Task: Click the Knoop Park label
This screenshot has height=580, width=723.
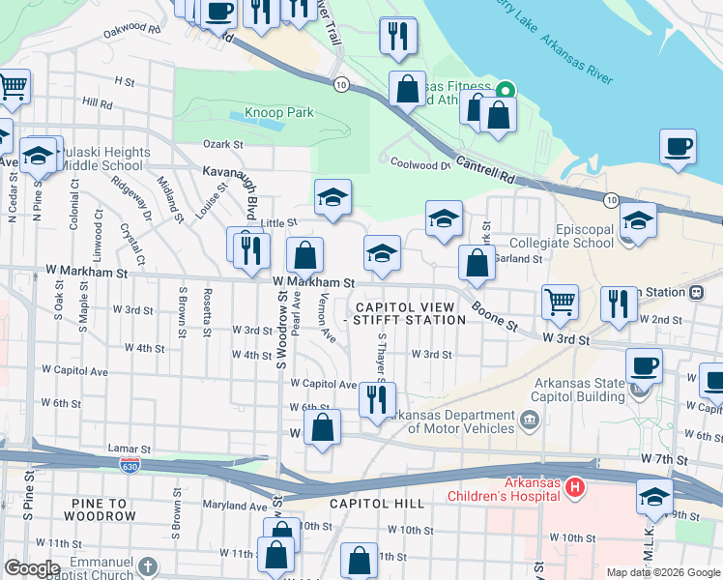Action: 280,113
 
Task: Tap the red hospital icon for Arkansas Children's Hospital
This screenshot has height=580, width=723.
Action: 575,485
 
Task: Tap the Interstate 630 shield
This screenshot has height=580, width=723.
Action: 129,465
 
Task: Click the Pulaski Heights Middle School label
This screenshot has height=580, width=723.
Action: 101,159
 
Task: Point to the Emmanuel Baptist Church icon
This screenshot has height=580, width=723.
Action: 147,565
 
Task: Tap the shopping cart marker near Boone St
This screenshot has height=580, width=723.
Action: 560,301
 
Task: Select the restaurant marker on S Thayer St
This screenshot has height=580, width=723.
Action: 375,398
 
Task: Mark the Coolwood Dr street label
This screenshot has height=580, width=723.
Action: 420,164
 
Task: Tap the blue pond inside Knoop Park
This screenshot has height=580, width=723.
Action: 258,123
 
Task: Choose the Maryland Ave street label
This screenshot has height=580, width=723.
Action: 234,506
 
